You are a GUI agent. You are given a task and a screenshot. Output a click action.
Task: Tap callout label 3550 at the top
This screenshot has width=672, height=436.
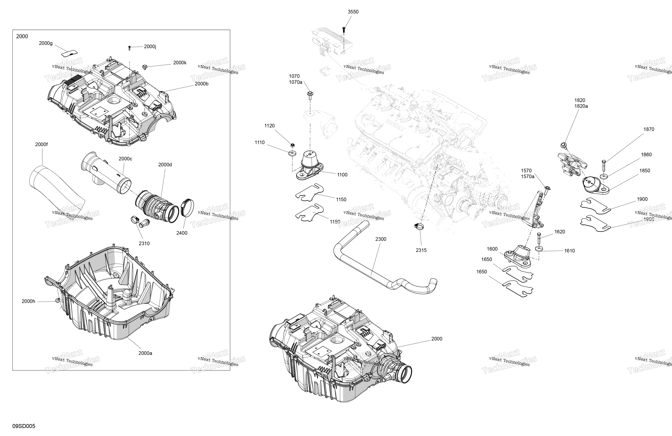point(353,12)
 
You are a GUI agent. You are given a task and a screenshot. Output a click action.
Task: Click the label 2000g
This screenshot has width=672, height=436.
point(46,43)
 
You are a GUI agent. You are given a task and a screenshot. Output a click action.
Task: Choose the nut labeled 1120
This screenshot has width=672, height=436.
point(293,145)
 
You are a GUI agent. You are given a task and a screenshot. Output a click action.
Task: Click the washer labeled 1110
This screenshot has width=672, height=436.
point(292,153)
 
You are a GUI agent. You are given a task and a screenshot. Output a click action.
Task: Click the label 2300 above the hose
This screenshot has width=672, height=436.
point(381,239)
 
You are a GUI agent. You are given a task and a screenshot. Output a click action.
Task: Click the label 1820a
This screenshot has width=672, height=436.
point(581,106)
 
